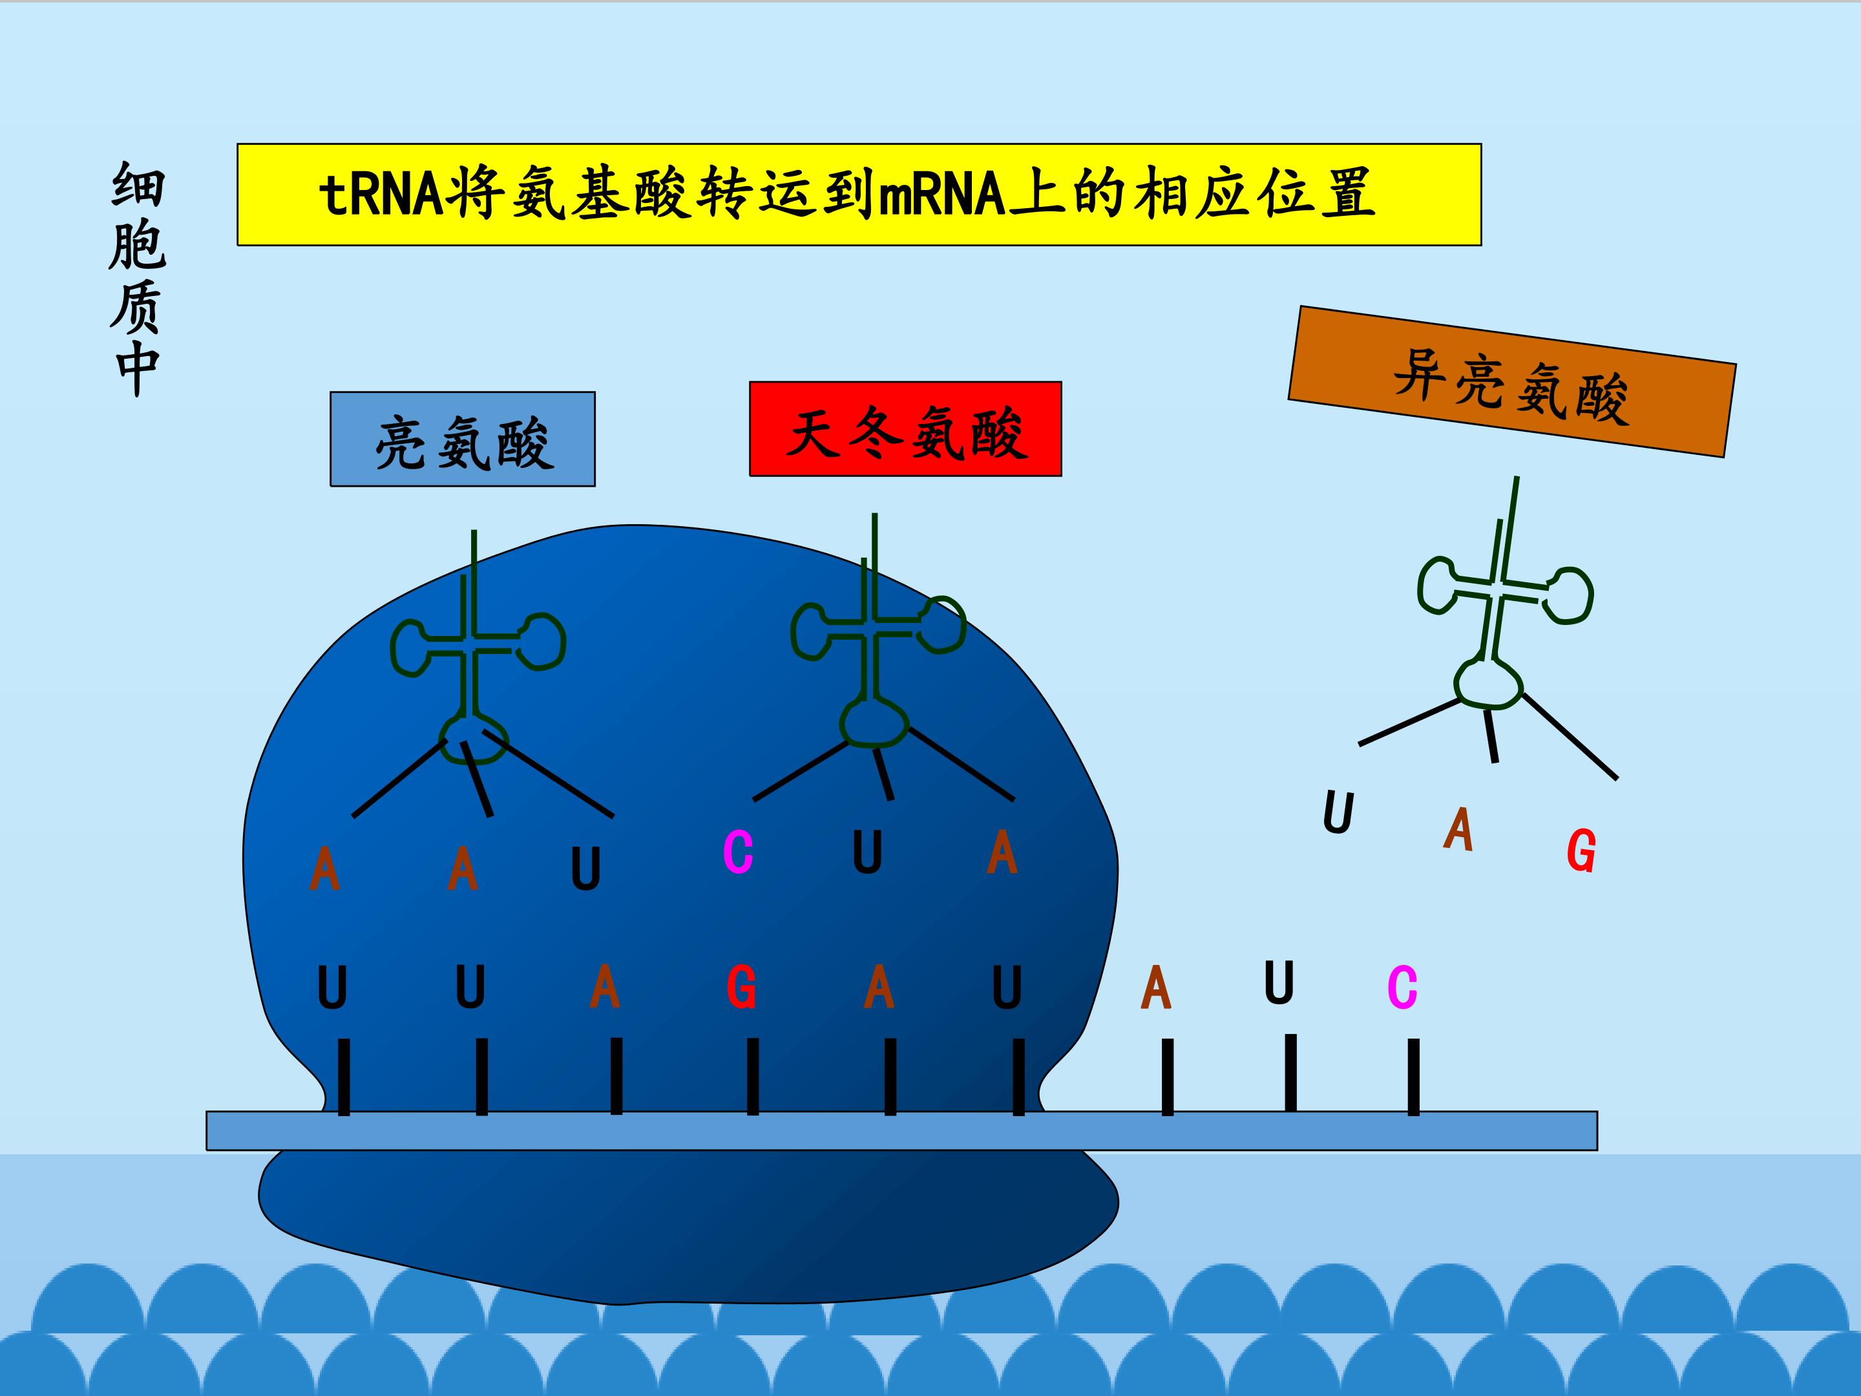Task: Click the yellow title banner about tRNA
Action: tap(859, 195)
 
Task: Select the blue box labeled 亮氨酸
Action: tap(463, 439)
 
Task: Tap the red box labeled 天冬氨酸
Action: tap(905, 429)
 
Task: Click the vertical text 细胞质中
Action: tap(137, 279)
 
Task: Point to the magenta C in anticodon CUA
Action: tap(738, 852)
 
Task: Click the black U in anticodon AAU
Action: tap(585, 869)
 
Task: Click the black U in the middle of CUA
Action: tap(867, 852)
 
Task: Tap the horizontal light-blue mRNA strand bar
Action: tap(902, 1130)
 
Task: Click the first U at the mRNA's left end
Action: tap(332, 988)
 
